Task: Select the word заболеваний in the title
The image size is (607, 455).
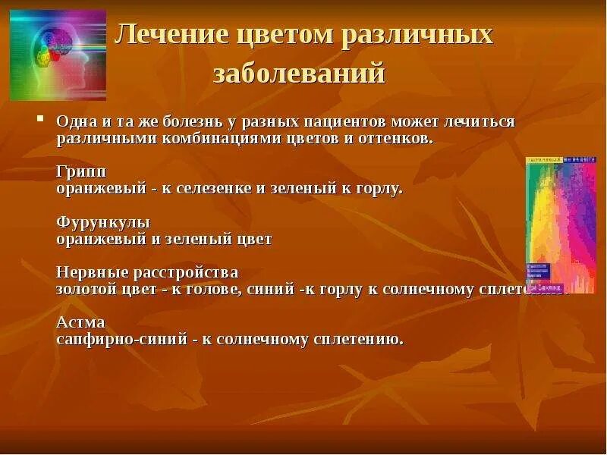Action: pyautogui.click(x=299, y=73)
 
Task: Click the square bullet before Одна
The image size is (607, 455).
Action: pyautogui.click(x=41, y=120)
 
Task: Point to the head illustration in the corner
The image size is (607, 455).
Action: pyautogui.click(x=58, y=55)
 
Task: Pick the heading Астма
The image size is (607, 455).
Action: pyautogui.click(x=80, y=322)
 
